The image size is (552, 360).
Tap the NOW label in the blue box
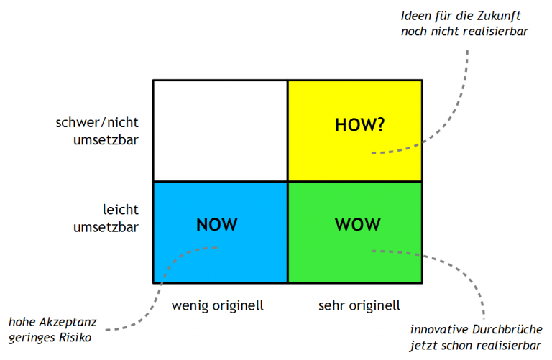(x=216, y=224)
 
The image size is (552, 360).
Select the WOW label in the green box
(x=357, y=224)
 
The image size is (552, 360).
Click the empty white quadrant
(x=220, y=130)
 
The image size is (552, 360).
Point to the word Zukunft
(x=507, y=16)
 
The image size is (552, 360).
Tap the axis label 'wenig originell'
(x=218, y=305)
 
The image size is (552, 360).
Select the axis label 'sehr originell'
(x=359, y=305)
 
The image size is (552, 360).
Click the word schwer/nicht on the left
(x=96, y=123)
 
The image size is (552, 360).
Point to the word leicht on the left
(x=120, y=211)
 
